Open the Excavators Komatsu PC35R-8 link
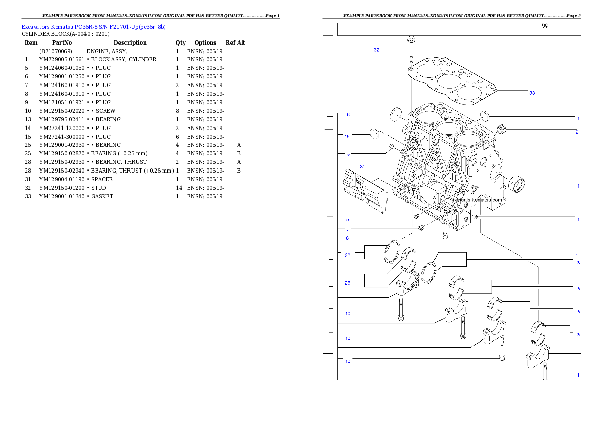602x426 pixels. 94,27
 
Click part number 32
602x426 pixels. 376,50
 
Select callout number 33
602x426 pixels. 532,93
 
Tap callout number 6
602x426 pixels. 348,114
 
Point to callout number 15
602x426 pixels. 347,136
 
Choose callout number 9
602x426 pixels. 576,132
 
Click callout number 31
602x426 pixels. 362,166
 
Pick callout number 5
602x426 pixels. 347,219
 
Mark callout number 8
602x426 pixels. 347,238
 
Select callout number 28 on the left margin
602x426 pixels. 347,255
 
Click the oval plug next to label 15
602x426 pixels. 375,133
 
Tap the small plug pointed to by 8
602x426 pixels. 445,236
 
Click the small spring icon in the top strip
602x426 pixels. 545,25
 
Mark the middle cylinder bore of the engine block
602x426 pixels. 447,127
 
